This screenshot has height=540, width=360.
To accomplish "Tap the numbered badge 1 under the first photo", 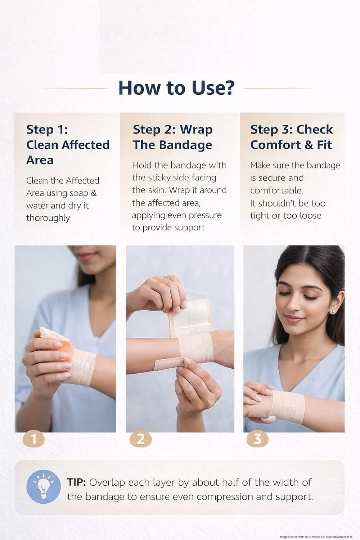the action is pyautogui.click(x=33, y=439).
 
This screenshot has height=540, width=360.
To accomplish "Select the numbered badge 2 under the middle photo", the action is pyautogui.click(x=140, y=439).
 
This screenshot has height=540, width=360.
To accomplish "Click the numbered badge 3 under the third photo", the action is pyautogui.click(x=257, y=439).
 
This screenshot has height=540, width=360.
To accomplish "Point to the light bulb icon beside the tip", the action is pyautogui.click(x=44, y=486).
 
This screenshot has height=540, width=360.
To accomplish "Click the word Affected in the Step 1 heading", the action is pyautogui.click(x=85, y=145).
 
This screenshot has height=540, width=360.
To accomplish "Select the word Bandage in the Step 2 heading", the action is pyautogui.click(x=185, y=145).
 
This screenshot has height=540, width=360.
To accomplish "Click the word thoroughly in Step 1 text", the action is pyautogui.click(x=48, y=218).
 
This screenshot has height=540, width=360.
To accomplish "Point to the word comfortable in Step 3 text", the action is pyautogui.click(x=277, y=190).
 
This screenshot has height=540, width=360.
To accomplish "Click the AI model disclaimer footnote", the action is pyautogui.click(x=316, y=536).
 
